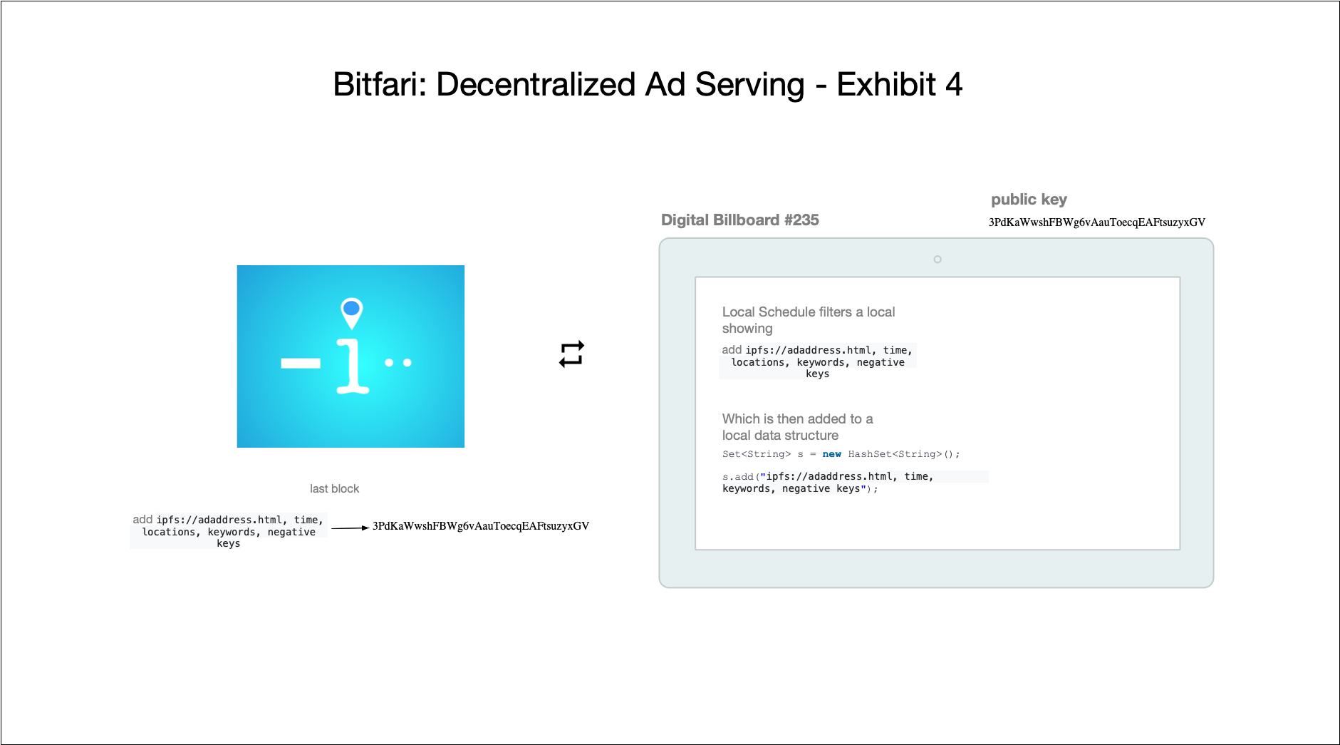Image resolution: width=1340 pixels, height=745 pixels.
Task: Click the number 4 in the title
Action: (x=954, y=85)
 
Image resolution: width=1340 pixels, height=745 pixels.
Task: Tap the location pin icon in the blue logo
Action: (x=351, y=312)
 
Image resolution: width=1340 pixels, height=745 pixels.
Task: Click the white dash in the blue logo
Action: (x=301, y=364)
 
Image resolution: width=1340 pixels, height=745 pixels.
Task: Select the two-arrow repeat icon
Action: (x=571, y=354)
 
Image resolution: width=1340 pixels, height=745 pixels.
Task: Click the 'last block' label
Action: (x=334, y=488)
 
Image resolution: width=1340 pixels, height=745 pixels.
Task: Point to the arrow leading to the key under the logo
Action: (x=350, y=528)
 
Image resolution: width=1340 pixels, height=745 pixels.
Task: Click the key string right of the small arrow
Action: (x=481, y=526)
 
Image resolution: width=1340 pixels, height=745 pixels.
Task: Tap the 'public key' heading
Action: (x=1029, y=200)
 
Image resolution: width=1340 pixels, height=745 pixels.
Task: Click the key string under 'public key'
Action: (x=1096, y=222)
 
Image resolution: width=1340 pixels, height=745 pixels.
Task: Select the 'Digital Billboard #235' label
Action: (x=739, y=220)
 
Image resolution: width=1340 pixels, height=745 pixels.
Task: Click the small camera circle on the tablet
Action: (x=938, y=260)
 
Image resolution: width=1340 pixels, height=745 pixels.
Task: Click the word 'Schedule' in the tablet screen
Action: (x=786, y=312)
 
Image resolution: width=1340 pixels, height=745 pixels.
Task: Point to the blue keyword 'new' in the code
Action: (x=831, y=454)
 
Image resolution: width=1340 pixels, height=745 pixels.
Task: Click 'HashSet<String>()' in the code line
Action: (x=903, y=454)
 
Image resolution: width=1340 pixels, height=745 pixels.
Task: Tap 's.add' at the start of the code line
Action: (x=737, y=477)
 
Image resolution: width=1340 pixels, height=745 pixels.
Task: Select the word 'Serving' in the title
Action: (x=749, y=85)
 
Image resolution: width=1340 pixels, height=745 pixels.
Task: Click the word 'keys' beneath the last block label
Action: (x=228, y=544)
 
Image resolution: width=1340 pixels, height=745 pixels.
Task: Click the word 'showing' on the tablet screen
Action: (x=747, y=329)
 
